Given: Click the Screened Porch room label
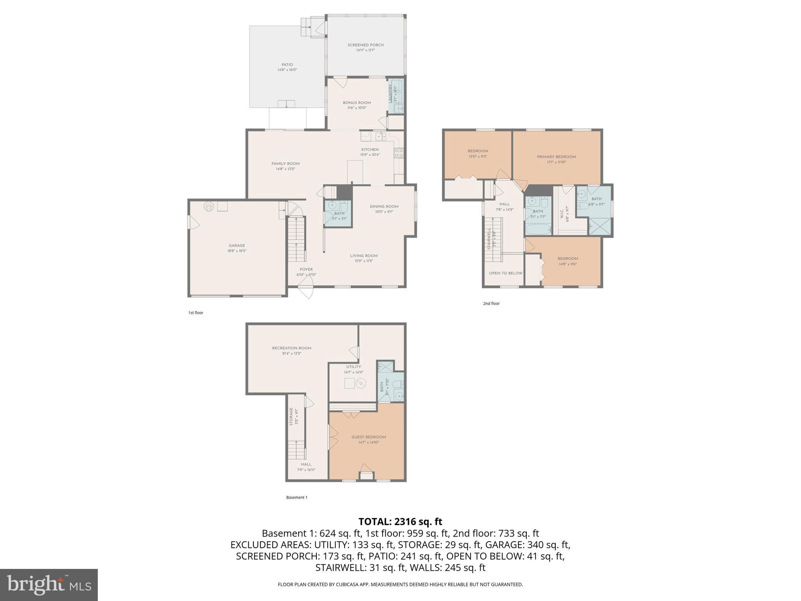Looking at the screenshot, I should (365, 45).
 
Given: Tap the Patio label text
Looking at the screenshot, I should (287, 65).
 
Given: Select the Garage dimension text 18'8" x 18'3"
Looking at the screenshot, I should (237, 251).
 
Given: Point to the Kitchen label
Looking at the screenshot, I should (370, 149).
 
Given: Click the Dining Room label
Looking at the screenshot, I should (384, 207).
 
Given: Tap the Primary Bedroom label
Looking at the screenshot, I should (556, 157).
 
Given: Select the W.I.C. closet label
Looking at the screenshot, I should (562, 214).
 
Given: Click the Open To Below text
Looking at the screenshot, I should (505, 273).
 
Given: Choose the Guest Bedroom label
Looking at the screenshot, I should (368, 437).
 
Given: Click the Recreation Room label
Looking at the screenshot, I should (291, 348).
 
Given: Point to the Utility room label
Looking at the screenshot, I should (353, 367).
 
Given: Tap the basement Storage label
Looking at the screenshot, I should (291, 417).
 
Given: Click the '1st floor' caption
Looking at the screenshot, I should (196, 313).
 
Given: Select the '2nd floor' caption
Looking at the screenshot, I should (491, 303).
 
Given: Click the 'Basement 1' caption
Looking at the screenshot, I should (296, 497).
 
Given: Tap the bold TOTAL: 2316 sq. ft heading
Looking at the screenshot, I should (400, 522).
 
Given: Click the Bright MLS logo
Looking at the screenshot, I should (49, 585).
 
